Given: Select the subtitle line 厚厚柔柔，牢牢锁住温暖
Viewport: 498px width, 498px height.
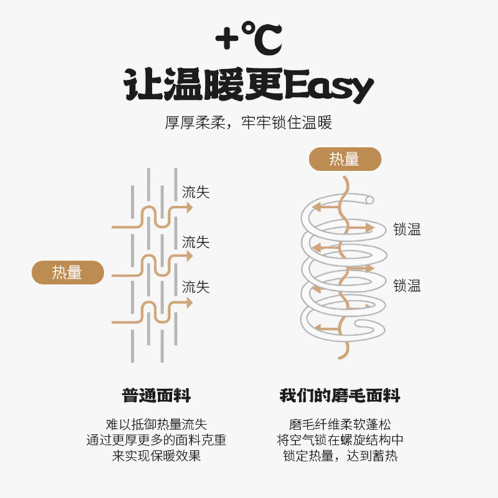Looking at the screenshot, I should (x=248, y=122).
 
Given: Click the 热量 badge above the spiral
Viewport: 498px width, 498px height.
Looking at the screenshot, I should (x=344, y=159).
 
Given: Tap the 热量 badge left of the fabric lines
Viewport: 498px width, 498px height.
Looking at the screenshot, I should (x=67, y=272).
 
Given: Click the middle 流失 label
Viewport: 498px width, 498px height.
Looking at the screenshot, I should (x=195, y=242).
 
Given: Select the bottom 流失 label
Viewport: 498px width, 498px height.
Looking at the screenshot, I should (x=195, y=287).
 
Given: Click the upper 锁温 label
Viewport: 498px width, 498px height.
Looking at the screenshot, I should (x=407, y=229).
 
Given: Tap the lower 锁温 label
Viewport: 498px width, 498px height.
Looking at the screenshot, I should (x=407, y=286).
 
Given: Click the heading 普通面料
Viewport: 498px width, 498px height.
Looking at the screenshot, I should (x=156, y=395).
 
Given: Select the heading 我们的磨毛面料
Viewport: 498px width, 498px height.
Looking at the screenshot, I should (x=339, y=395).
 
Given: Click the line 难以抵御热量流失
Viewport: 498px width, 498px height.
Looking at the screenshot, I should (x=156, y=425).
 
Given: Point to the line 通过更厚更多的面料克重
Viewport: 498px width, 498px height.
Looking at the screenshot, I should (x=156, y=441).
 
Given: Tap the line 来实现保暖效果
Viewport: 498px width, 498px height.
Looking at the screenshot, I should (x=156, y=456).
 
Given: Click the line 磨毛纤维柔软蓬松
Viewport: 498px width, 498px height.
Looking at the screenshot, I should (x=339, y=425).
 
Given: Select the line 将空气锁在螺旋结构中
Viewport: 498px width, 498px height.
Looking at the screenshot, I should (x=339, y=441).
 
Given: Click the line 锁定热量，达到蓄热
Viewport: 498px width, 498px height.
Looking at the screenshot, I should (x=339, y=456).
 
